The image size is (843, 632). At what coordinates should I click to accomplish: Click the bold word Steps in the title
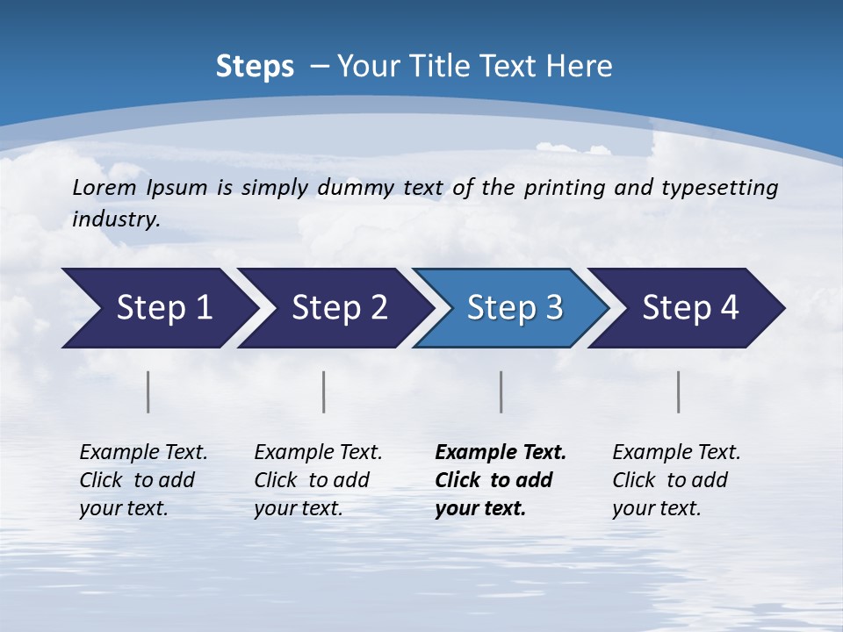point(255,67)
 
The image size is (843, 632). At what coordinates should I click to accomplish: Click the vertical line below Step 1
point(148,391)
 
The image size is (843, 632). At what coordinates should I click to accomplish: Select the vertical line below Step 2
point(324,391)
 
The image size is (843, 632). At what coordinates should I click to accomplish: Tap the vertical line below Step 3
point(501,391)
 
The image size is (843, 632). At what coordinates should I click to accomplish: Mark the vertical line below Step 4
point(679,391)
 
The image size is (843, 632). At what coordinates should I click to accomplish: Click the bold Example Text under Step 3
point(501,453)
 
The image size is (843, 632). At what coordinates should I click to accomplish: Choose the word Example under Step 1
point(118,453)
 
